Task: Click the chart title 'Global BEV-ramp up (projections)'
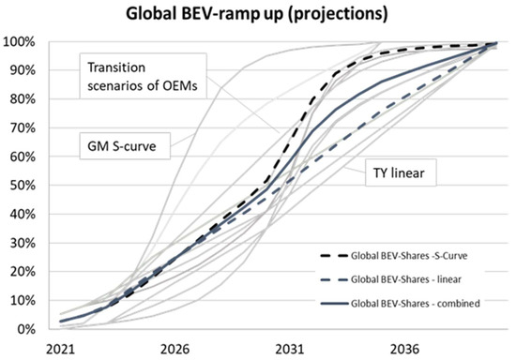pos(258,16)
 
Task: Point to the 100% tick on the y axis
pos(20,42)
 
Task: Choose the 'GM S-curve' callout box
pos(116,145)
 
